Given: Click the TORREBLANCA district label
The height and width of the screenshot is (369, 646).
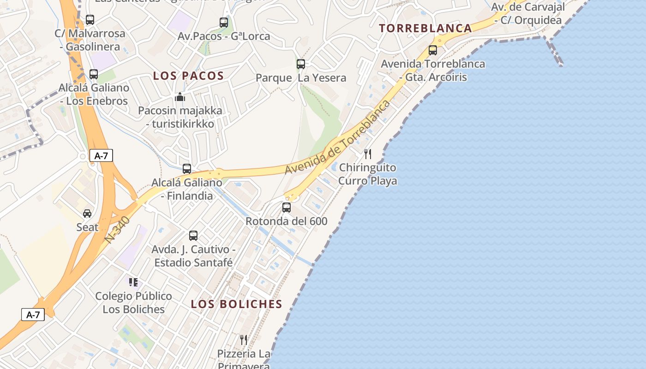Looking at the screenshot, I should [425, 28].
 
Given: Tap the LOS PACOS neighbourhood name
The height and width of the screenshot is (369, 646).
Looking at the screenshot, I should [188, 76].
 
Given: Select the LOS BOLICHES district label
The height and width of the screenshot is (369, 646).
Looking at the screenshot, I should [236, 304].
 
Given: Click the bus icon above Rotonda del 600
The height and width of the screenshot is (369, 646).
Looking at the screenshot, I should [287, 208].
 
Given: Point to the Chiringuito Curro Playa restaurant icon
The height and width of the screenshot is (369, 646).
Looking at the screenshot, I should [368, 154].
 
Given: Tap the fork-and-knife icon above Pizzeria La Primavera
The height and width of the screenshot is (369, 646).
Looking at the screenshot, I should [244, 340].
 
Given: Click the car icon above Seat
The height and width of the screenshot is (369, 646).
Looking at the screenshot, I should [87, 214].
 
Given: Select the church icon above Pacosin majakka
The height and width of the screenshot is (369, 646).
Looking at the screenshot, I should [180, 97].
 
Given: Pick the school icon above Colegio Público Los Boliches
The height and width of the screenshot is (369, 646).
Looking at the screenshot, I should [133, 282].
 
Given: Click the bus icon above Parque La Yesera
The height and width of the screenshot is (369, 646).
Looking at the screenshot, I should [301, 64].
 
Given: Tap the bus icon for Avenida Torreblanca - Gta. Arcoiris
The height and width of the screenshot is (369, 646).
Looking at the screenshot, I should [433, 50].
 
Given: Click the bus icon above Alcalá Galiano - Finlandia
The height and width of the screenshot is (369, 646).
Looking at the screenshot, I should [187, 169].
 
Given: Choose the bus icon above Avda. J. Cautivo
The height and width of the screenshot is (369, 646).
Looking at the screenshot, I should [193, 236].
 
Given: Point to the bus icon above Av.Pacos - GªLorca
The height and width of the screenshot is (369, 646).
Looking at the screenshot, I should [224, 22].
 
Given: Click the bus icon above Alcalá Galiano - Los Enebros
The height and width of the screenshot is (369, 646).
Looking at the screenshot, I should [94, 74].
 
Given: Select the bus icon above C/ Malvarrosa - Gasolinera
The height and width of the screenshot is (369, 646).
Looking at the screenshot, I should [90, 20].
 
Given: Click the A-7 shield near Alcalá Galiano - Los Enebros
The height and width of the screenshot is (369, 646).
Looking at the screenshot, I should [101, 155].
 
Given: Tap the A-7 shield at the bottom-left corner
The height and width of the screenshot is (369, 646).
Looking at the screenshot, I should [33, 315].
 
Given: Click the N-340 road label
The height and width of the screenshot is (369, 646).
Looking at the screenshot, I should [118, 230].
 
